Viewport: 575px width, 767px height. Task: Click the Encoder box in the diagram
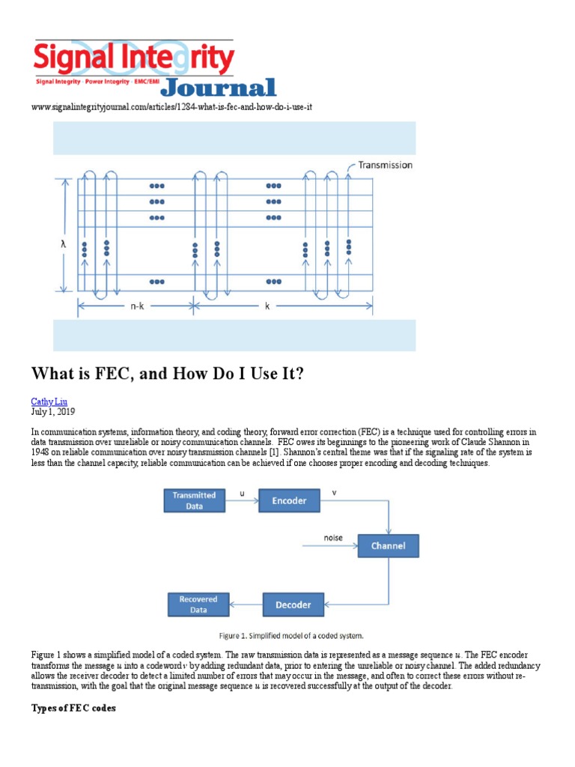click(289, 500)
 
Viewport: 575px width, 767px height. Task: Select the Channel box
click(388, 545)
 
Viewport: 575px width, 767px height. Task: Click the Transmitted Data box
click(195, 500)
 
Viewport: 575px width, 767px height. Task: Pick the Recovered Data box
click(198, 604)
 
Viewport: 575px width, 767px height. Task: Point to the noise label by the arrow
click(333, 537)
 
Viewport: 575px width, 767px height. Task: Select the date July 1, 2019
click(52, 412)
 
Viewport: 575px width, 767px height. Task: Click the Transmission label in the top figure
click(385, 165)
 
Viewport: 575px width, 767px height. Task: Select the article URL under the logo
click(171, 107)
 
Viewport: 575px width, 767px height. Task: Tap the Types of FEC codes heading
click(73, 708)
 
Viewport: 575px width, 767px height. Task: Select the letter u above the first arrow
click(240, 494)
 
